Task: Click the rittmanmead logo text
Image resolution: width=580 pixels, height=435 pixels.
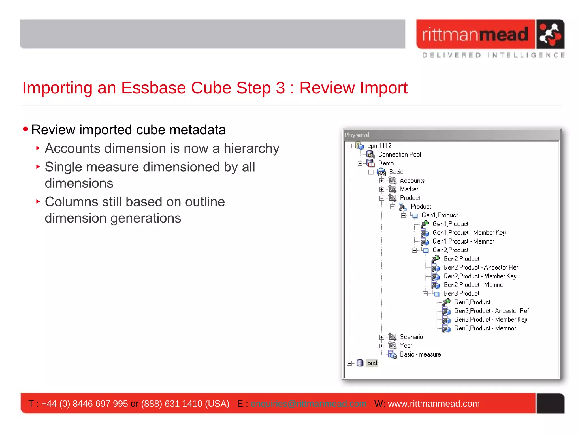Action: (x=475, y=34)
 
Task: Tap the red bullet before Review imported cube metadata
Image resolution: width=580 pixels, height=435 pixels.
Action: (x=25, y=129)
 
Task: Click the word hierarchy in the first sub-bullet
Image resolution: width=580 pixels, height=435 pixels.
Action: (x=251, y=148)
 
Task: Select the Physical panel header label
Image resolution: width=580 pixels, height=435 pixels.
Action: (x=357, y=135)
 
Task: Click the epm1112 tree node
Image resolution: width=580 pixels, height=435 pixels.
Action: (x=379, y=146)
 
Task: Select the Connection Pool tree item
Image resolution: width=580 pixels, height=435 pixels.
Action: (x=399, y=154)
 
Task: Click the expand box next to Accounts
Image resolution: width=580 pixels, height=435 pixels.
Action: (x=382, y=181)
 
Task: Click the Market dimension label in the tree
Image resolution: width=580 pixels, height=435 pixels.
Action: (x=409, y=189)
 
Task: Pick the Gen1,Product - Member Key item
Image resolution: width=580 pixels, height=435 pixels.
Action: (x=469, y=233)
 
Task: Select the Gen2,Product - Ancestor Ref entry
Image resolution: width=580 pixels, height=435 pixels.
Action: (x=480, y=268)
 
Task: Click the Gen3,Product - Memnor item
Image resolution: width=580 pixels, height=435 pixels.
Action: (x=485, y=329)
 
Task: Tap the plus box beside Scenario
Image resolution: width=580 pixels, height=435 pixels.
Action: (x=382, y=337)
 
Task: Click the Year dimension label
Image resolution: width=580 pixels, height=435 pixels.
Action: (x=406, y=346)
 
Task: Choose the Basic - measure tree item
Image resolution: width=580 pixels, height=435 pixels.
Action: (x=420, y=355)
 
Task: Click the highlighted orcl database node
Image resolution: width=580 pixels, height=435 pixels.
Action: (x=372, y=363)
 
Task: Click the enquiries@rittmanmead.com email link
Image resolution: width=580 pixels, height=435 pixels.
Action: (x=308, y=404)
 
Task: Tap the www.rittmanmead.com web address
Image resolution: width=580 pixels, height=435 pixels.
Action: (x=434, y=404)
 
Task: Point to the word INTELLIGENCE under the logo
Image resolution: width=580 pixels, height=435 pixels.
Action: (x=526, y=55)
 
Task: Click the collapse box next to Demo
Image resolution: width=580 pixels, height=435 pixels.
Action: (x=360, y=163)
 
